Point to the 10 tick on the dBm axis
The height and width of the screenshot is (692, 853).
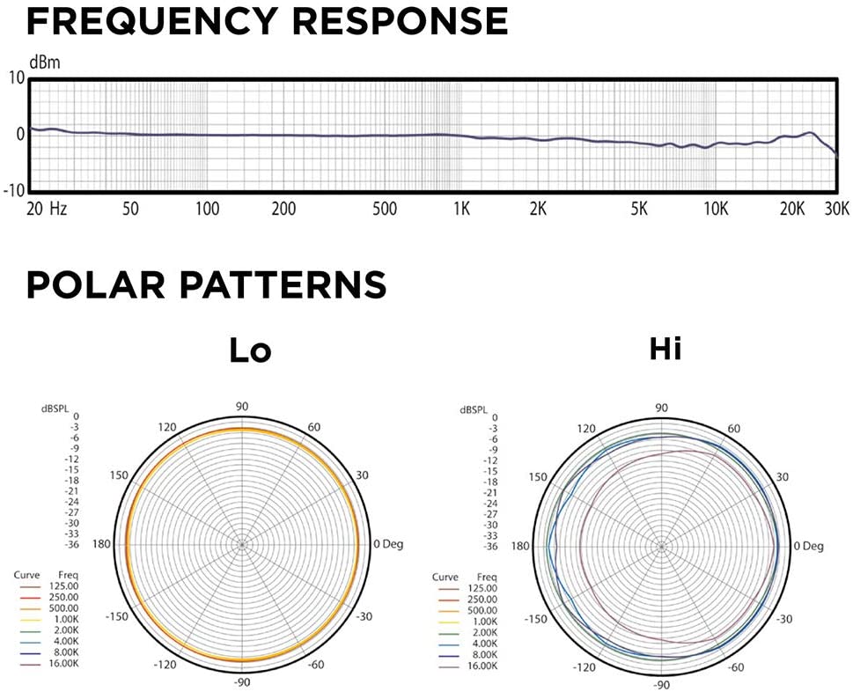(x=16, y=77)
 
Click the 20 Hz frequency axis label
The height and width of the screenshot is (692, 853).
(x=47, y=210)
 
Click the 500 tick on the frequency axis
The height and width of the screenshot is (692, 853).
(x=385, y=210)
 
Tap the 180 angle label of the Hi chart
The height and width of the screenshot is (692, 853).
(x=519, y=546)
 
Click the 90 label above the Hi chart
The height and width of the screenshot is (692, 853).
(x=661, y=408)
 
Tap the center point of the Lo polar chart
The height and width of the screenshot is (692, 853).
(x=243, y=545)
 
